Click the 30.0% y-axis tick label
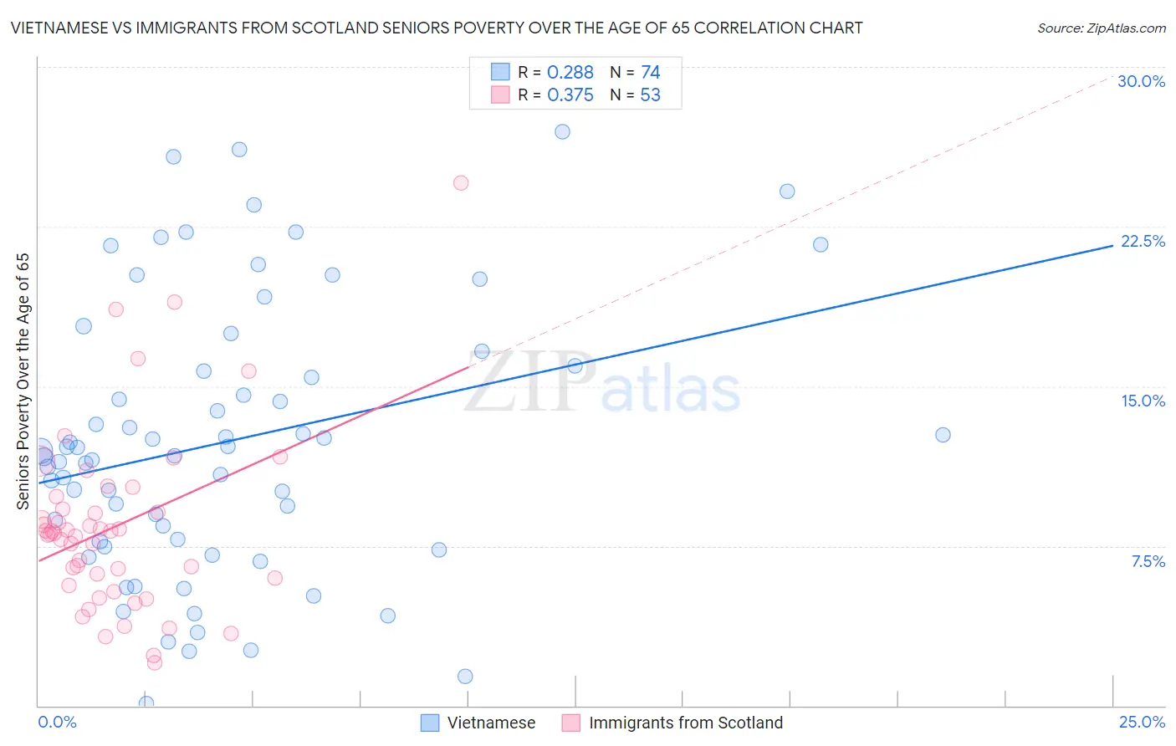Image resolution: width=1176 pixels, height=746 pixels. pos(1141,81)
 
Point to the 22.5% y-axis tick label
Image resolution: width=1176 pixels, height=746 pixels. pos(1143,241)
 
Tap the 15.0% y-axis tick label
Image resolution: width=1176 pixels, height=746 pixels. pos(1143,401)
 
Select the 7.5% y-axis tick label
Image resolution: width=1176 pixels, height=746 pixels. pos(1148,561)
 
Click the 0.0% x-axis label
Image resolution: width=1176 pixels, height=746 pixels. pos(57,722)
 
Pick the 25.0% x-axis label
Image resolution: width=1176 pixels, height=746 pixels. pos(1142,722)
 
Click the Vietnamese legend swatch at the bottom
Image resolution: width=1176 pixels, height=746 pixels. pos(430,723)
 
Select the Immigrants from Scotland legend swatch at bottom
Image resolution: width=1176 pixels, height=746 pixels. pos(571,723)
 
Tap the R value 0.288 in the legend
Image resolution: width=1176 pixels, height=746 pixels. pos(570,73)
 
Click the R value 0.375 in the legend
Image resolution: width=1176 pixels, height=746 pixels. pos(570,95)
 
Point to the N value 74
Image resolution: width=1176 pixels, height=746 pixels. pos(650,73)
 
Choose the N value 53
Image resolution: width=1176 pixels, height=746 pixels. pos(650,95)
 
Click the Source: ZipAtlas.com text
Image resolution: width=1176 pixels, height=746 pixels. pos(1101,28)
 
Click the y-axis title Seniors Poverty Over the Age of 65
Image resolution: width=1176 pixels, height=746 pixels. pos(23,381)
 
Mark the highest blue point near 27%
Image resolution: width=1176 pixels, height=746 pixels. pos(562,131)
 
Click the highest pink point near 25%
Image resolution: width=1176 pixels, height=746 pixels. pos(461,182)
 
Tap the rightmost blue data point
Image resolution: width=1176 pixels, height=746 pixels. pos(943,435)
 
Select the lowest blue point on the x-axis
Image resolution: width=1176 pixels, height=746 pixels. pos(146,703)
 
